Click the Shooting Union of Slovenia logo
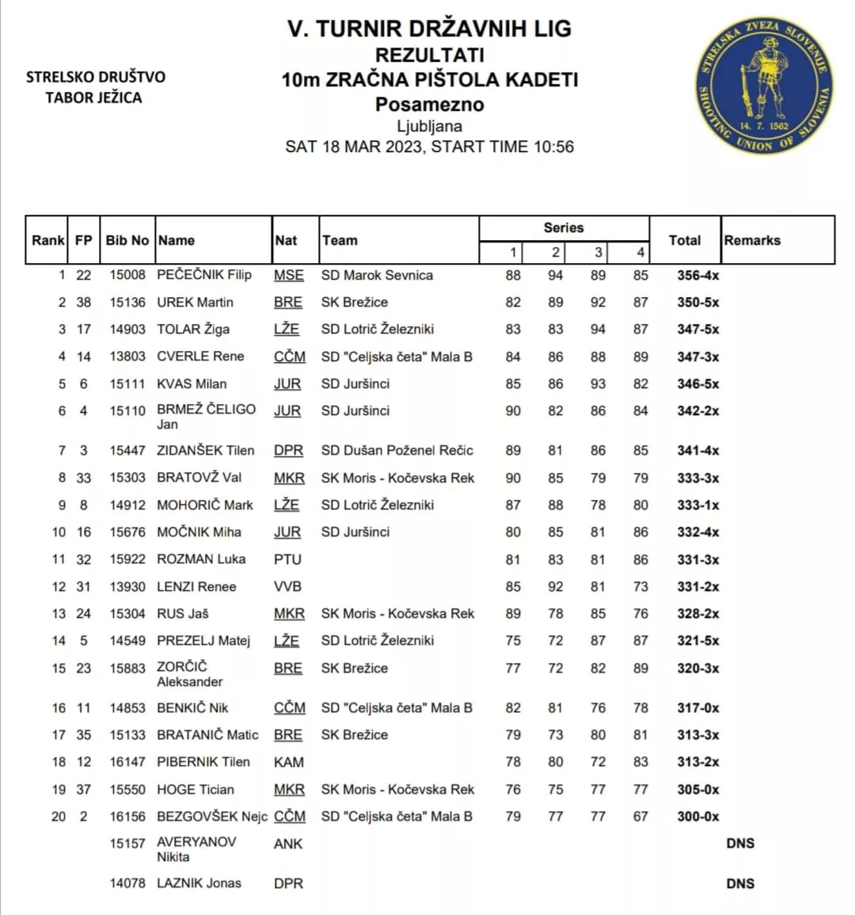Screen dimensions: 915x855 click(x=764, y=85)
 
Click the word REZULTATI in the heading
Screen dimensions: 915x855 click(x=429, y=55)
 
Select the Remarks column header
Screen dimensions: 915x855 click(x=752, y=240)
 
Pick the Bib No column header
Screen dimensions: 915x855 click(x=127, y=240)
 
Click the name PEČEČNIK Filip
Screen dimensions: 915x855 click(x=204, y=275)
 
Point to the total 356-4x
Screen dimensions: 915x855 click(x=697, y=276)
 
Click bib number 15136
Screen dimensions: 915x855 click(x=127, y=303)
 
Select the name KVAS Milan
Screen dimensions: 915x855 click(x=192, y=384)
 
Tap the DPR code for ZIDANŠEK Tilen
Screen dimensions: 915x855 click(x=288, y=451)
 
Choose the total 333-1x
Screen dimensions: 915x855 click(x=697, y=505)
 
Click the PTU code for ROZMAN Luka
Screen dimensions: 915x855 click(x=287, y=559)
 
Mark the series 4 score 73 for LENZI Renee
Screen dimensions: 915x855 click(x=640, y=587)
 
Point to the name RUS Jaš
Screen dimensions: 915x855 click(x=183, y=614)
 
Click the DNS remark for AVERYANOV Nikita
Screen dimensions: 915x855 click(x=739, y=844)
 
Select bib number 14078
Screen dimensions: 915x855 click(x=127, y=883)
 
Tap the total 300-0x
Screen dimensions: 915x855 click(x=697, y=817)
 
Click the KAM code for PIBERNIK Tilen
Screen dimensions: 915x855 click(x=288, y=762)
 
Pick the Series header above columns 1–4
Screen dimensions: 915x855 click(x=563, y=227)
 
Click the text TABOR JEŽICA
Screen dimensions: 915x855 click(x=93, y=97)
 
